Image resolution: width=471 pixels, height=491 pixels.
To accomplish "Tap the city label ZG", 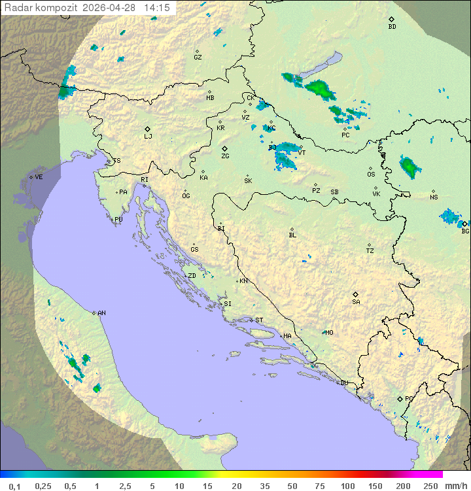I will [225, 156].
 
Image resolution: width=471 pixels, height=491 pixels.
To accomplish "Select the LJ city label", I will [148, 136].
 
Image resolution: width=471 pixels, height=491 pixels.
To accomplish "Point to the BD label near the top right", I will [392, 27].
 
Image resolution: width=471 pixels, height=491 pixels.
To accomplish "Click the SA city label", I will [356, 301].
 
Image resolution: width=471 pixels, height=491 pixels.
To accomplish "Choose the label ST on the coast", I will [259, 320].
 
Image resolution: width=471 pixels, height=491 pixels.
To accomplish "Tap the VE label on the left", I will [39, 177].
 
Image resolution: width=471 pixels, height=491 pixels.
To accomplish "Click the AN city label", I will [101, 313].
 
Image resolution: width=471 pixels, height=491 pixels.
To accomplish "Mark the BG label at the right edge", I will [465, 231].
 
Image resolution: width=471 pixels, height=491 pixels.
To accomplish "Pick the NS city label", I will [434, 197].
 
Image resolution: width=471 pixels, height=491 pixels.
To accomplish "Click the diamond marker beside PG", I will [400, 398].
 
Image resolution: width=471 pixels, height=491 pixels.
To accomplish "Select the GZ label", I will [198, 58].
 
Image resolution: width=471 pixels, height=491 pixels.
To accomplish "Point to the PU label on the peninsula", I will [118, 220].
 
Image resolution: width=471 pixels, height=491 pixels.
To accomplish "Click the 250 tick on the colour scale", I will [430, 486].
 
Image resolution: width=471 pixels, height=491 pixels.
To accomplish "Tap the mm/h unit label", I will [455, 486].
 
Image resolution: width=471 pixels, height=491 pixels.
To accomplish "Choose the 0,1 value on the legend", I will [14, 486].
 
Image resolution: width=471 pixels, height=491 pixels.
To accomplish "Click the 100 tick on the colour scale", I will [347, 486].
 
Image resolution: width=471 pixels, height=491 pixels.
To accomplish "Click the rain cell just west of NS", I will [408, 167].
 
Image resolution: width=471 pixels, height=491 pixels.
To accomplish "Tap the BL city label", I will [292, 235].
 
